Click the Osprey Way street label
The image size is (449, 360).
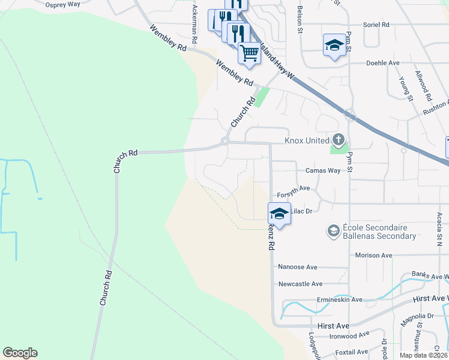pos(63,4)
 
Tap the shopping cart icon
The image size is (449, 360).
pos(249,52)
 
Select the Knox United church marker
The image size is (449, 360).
pos(339,140)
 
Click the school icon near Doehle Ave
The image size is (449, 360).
pos(334,45)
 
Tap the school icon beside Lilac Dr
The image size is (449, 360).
pos(279,213)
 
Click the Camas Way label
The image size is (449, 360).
pos(323,170)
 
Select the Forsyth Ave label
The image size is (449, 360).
pos(293,188)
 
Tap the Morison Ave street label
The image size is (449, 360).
pos(373,255)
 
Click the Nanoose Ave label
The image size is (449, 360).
pos(297,267)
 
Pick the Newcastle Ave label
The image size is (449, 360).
pos(300,284)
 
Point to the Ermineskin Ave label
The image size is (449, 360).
pos(339,299)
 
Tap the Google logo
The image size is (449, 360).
pos(20,353)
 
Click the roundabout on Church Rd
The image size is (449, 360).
pos(224,142)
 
